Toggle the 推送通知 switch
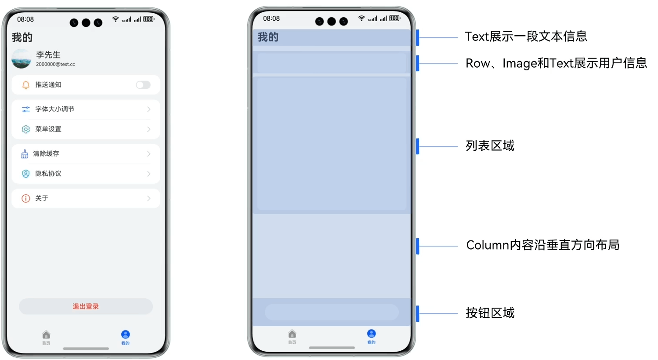coord(143,85)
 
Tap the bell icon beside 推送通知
coord(26,85)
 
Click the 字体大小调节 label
coord(55,109)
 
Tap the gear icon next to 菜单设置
coord(26,129)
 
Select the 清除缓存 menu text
coord(46,153)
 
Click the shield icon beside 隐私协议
coord(26,174)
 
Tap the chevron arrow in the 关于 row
coord(148,198)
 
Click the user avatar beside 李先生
coord(21,58)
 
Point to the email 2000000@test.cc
coord(55,64)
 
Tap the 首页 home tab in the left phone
coord(46,337)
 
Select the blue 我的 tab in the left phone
coord(126,337)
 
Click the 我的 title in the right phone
coord(268,37)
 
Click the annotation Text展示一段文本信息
coord(526,36)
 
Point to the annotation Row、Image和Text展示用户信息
coord(556,63)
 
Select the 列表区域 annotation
coord(490,145)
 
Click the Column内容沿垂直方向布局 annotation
coord(542,245)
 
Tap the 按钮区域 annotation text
coord(490,313)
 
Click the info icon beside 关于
coord(26,198)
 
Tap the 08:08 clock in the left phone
coord(25,19)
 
